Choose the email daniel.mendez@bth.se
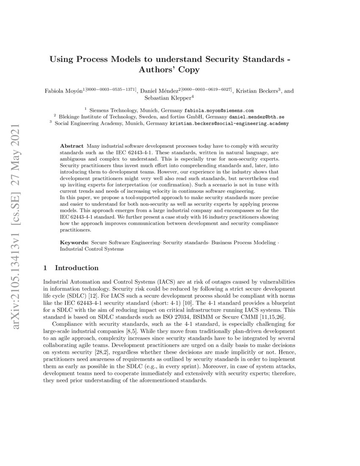click(x=257, y=116)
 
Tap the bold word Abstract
click(x=72, y=146)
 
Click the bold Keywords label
click(x=74, y=242)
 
